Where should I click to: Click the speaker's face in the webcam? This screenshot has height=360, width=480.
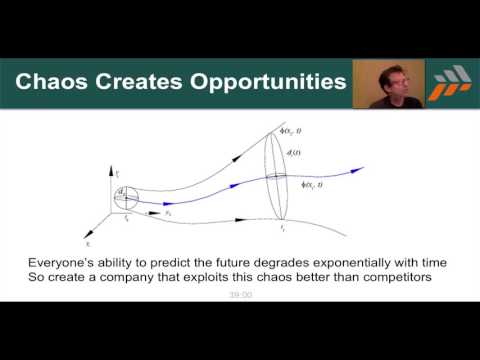point(391,81)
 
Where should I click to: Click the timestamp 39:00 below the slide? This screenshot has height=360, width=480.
point(240,295)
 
